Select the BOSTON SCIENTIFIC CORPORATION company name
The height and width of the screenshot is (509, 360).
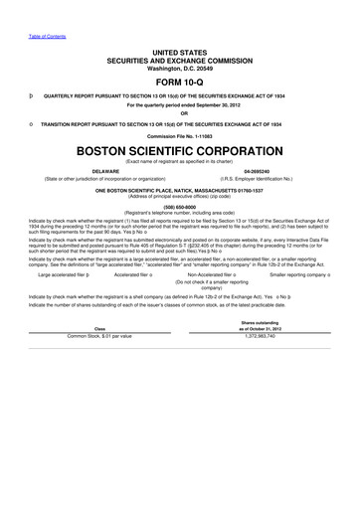[180, 153]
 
